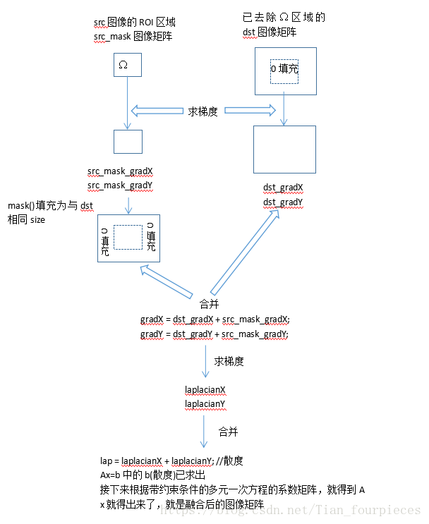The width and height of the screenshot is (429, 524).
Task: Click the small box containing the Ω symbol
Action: [128, 65]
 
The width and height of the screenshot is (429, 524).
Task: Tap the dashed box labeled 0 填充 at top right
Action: [284, 73]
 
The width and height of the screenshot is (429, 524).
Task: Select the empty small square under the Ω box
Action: [128, 142]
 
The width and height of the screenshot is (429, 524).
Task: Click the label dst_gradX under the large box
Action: [283, 188]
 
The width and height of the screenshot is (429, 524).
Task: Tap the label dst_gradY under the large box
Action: [283, 202]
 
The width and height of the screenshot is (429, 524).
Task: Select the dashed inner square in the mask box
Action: [128, 238]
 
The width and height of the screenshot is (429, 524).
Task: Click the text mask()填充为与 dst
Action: [50, 206]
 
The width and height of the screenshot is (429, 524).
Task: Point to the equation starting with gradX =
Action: [215, 320]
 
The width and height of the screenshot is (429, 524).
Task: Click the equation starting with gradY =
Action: [215, 334]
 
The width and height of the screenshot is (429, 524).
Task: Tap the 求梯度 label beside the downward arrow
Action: [229, 361]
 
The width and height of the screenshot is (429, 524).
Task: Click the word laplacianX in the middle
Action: [205, 390]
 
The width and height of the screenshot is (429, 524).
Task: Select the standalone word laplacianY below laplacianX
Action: [205, 403]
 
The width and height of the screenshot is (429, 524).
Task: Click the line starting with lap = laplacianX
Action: [172, 461]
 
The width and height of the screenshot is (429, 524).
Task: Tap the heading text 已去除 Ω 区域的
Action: [283, 18]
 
